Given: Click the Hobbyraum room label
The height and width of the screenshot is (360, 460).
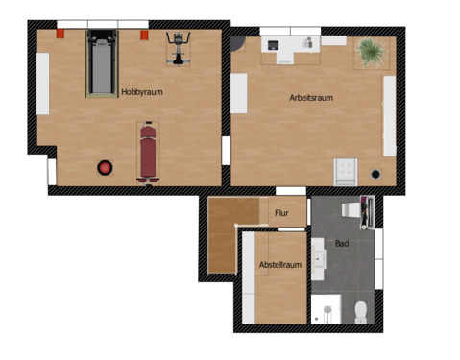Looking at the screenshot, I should click(x=142, y=92).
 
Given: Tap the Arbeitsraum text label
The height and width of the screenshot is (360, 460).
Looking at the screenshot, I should click(x=311, y=98).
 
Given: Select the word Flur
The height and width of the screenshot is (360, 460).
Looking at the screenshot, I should click(x=282, y=213).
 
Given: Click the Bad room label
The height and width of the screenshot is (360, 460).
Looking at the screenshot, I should click(x=342, y=244).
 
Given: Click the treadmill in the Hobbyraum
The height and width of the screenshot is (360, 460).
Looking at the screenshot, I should click(x=100, y=63).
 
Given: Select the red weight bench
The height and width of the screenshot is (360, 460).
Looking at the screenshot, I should click(x=148, y=150).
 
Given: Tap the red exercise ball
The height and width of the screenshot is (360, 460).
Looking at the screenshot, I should click(x=104, y=168).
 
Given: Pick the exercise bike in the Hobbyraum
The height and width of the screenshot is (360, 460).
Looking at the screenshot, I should click(x=177, y=48).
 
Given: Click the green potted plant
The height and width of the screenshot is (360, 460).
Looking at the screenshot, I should click(x=370, y=52).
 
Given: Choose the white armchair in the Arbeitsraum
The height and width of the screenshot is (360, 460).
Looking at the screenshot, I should click(x=345, y=171).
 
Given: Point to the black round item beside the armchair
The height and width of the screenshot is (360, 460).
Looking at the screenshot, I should click(x=376, y=174).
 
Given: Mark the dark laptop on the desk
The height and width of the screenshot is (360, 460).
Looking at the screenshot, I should click(x=273, y=44).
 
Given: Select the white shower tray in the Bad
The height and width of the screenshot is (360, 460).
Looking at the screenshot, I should click(x=325, y=309).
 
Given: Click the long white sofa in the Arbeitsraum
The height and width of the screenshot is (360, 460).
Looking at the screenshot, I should click(x=389, y=115).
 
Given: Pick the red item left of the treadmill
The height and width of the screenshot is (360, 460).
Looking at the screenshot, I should click(x=61, y=34).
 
